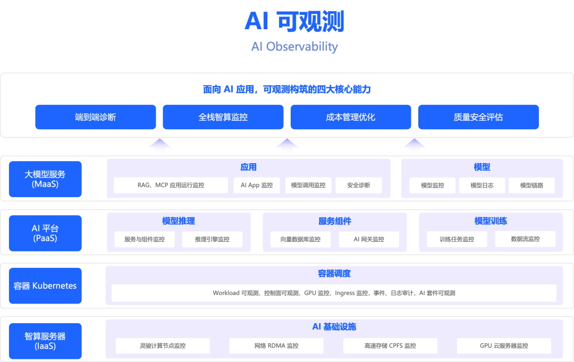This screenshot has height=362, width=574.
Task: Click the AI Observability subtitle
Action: point(294,47)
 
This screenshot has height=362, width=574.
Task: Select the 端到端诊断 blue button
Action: point(96,117)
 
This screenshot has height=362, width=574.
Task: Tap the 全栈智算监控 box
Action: point(223,117)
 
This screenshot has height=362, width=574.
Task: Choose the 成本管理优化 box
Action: point(351,117)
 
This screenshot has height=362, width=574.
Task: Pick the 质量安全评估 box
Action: point(478,117)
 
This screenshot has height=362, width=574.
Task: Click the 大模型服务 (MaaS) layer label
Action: point(45,179)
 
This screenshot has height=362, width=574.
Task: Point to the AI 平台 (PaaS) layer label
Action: point(45,233)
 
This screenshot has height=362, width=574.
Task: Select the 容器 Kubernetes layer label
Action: point(45,286)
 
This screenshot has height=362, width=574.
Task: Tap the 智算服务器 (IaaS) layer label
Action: point(45,341)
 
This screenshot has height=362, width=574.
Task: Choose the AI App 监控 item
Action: point(257,186)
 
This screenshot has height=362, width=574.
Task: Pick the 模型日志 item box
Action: point(482,186)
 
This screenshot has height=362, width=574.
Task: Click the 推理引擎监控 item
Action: point(212,239)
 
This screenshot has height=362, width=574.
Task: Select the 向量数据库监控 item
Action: point(301,239)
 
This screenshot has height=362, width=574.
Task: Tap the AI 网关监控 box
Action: point(369,239)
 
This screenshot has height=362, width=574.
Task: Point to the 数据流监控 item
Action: point(525,239)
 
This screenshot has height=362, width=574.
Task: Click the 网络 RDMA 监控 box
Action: point(276,346)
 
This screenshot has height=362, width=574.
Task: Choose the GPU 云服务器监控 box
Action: point(504,346)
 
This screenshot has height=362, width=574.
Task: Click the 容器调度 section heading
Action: point(334,274)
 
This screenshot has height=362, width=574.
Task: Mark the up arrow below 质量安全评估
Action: point(414,147)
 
